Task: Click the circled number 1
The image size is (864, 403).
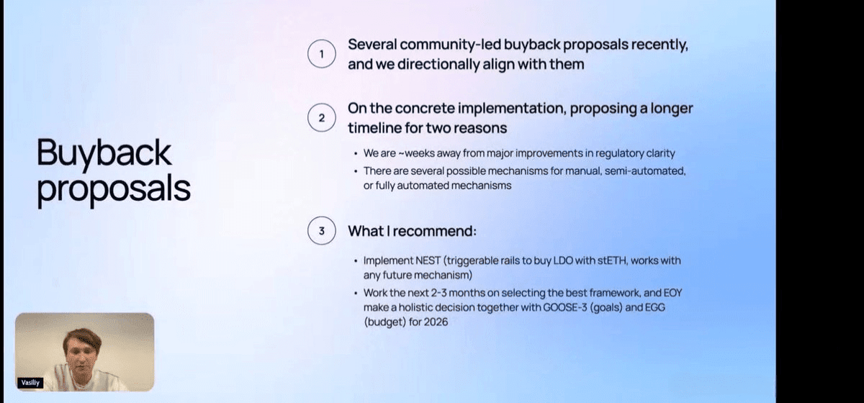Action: (x=322, y=54)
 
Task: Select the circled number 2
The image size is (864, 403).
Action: (x=322, y=117)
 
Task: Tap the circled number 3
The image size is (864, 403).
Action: (x=322, y=230)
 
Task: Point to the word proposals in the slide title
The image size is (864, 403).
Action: (x=114, y=190)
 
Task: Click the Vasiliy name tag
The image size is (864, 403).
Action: (x=30, y=383)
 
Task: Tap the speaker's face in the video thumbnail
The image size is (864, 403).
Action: (x=82, y=353)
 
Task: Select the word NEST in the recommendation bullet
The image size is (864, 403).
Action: (x=428, y=261)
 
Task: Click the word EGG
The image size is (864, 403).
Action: (x=655, y=307)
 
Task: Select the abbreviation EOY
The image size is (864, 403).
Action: (x=672, y=293)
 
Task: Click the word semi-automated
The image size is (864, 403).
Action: (x=645, y=171)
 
